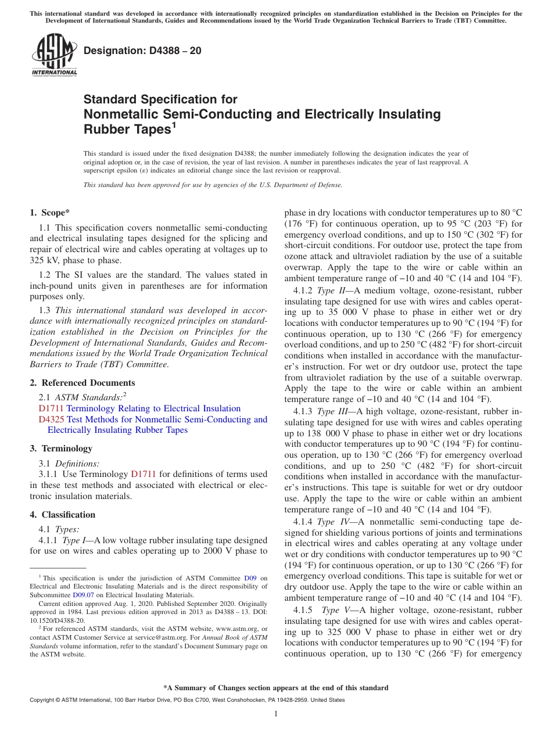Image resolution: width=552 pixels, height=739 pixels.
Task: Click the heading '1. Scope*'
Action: click(51, 213)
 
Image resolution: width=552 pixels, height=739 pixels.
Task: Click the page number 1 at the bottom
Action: click(275, 713)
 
